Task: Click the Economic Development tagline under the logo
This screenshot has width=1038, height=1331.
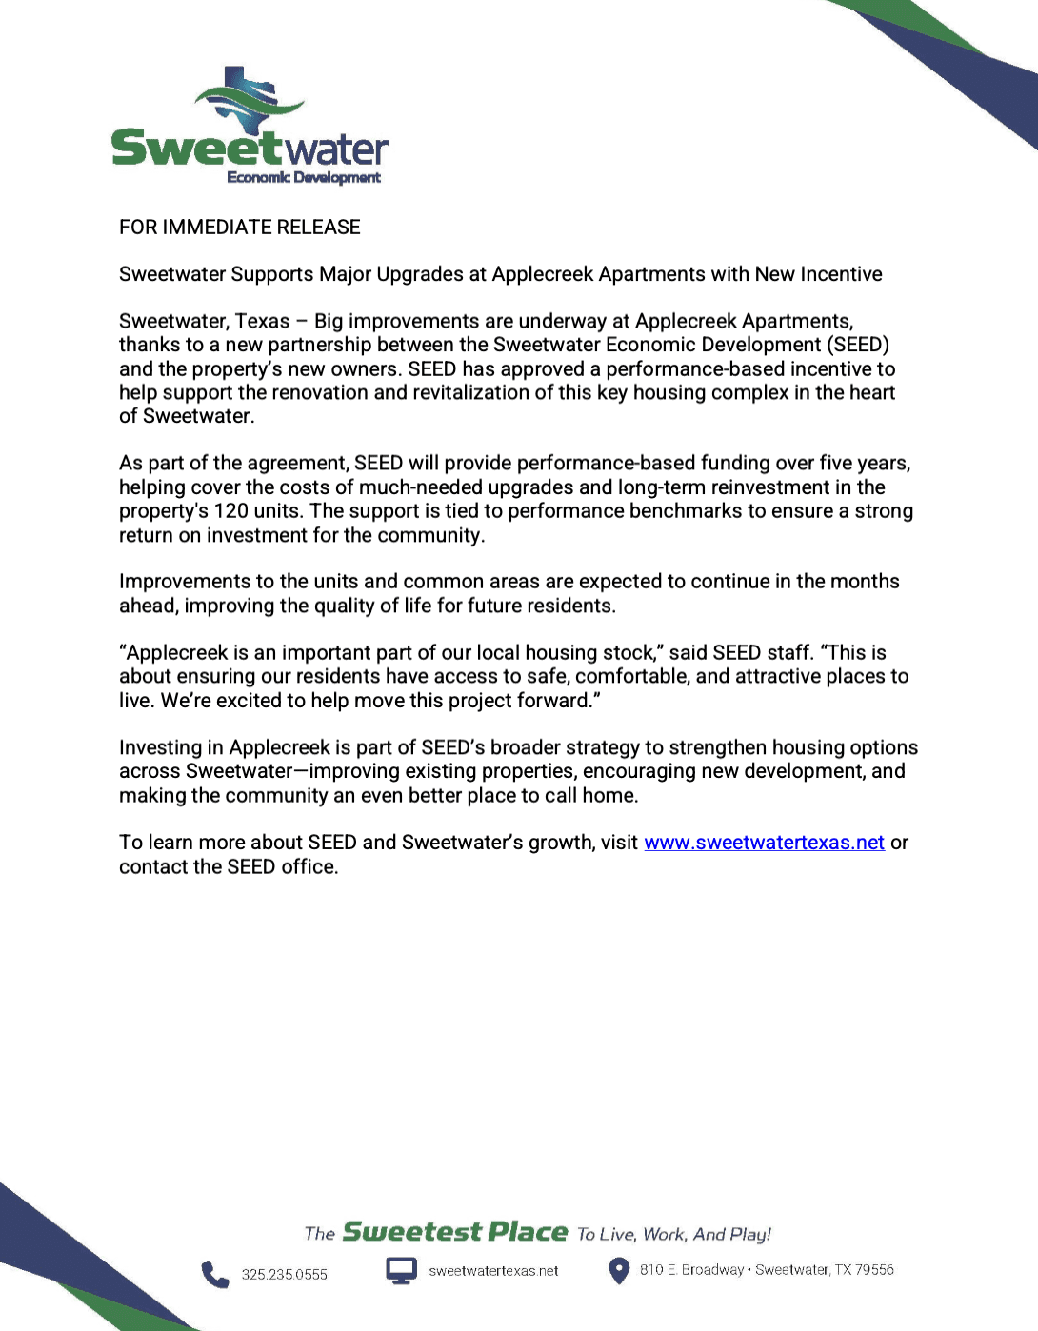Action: pyautogui.click(x=304, y=177)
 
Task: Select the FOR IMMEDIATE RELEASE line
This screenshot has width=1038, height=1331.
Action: pyautogui.click(x=239, y=228)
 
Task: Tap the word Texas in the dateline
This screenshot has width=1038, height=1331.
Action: pyautogui.click(x=262, y=322)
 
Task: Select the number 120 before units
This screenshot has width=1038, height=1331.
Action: pyautogui.click(x=230, y=511)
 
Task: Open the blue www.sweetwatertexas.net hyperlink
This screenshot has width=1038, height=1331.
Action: pyautogui.click(x=764, y=843)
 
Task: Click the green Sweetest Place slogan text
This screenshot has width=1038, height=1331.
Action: pyautogui.click(x=455, y=1232)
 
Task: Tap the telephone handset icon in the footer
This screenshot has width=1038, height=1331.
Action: pyautogui.click(x=214, y=1274)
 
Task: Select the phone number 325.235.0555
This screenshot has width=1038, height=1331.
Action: pyautogui.click(x=284, y=1275)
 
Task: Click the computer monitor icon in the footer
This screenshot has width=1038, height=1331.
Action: pyautogui.click(x=401, y=1271)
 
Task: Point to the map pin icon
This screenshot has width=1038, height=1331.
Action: pyautogui.click(x=619, y=1271)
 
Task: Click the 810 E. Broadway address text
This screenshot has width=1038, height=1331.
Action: pyautogui.click(x=691, y=1270)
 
